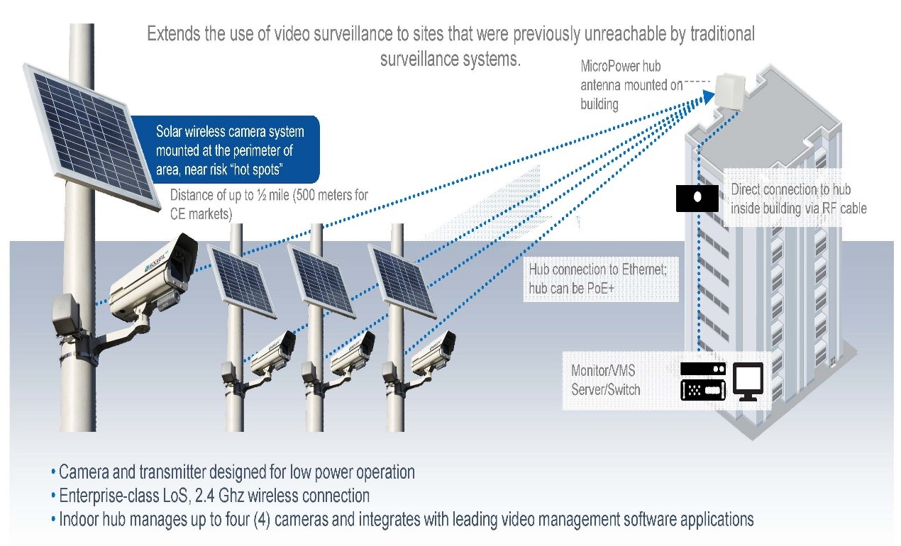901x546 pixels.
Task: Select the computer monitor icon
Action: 747,381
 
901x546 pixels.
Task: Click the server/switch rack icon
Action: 703,381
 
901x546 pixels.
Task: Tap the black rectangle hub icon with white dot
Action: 697,196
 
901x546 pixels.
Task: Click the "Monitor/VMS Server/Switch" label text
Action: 605,380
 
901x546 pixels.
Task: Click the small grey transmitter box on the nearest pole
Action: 66,313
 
